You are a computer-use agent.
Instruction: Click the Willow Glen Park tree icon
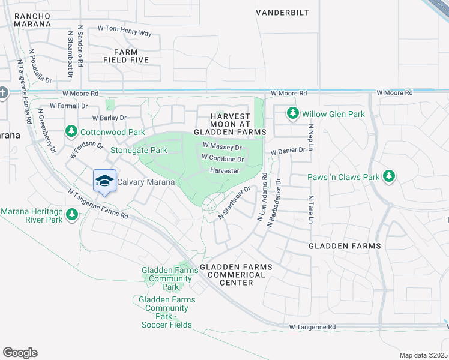tap(293, 113)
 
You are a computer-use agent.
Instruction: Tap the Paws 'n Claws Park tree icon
tap(390, 176)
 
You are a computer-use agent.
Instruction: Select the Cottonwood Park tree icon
tap(71, 131)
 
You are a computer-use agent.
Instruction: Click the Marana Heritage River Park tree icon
tap(72, 214)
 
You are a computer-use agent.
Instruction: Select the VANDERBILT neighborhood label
tap(282, 12)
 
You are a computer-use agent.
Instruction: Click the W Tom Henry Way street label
tap(124, 29)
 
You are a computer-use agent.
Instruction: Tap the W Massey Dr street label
tap(222, 146)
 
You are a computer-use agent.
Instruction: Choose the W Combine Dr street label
tap(223, 159)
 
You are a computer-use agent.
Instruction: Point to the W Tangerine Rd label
tap(313, 328)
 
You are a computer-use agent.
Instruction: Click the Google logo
tap(20, 352)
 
